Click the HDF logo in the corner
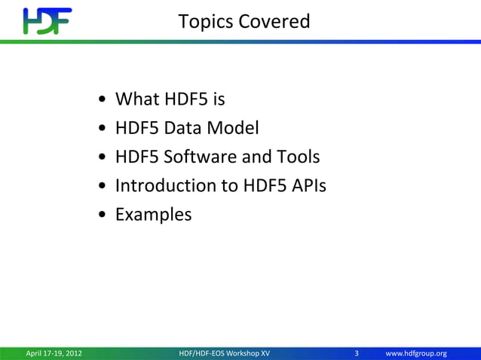pos(47,21)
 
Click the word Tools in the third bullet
pos(299,157)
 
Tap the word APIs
pos(306,186)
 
